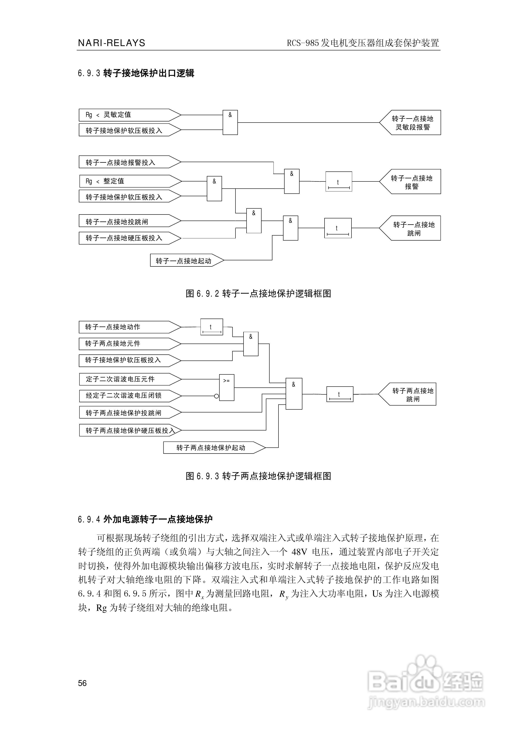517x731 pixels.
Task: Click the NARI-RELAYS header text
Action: (x=111, y=43)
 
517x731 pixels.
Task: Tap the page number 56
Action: (x=82, y=683)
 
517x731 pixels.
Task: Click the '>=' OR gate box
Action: (x=227, y=387)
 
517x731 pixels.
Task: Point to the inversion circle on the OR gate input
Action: (x=217, y=396)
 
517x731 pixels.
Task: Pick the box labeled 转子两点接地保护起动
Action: (x=212, y=448)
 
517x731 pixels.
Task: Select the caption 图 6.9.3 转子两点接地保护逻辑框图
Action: (x=258, y=476)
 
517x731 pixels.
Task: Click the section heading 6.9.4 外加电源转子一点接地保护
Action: (x=145, y=519)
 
